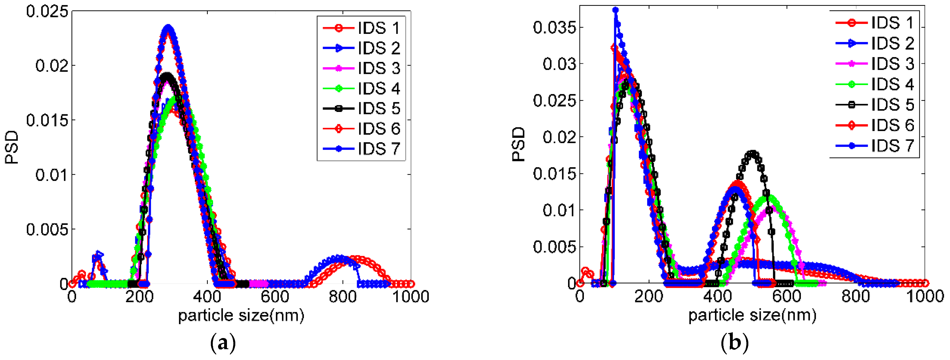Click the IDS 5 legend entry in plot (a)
coord(378,108)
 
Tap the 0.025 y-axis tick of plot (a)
coord(47,11)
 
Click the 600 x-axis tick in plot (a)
coord(275,297)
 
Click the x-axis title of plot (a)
coord(241,315)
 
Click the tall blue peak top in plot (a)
coord(169,27)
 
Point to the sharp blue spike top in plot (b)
coord(616,10)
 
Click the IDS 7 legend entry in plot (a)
coord(378,149)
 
